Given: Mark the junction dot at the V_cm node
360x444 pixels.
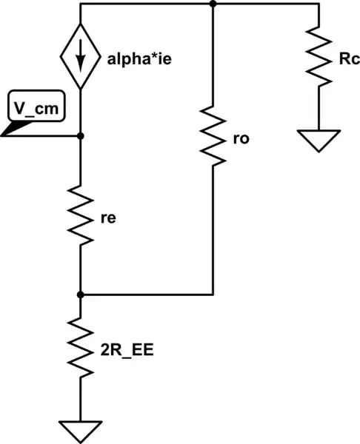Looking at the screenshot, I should pos(79,136).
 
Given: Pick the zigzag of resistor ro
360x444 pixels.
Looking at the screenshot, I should pos(213,135).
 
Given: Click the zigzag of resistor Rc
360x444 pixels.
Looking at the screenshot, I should pos(319,56).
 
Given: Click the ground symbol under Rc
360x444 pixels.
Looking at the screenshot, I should pos(319,139).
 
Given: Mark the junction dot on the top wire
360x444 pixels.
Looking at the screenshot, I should pos(213,4).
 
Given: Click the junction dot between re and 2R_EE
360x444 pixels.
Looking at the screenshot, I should pos(79,295).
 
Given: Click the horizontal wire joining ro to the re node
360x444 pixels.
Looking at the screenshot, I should pos(148,295).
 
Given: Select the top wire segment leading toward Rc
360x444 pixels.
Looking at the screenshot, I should pos(267,4).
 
